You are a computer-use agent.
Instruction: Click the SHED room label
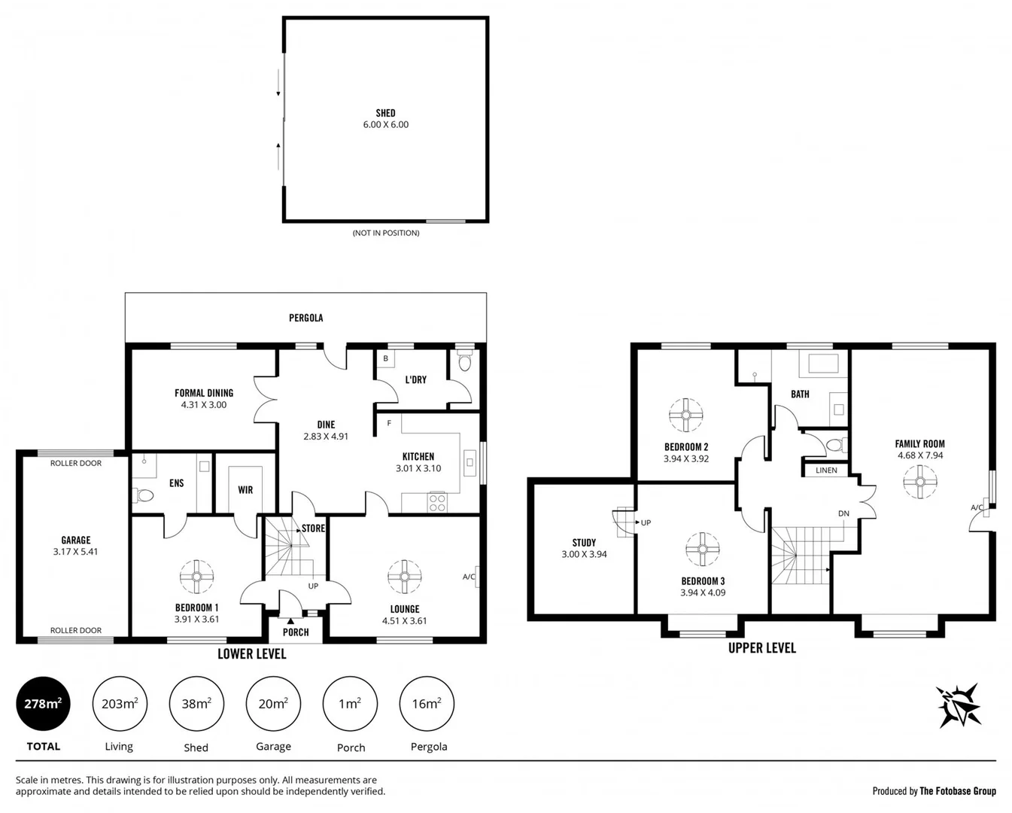(385, 114)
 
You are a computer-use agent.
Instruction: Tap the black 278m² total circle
(43, 705)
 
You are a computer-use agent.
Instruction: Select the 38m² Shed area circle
(196, 705)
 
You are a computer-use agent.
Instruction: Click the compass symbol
(959, 705)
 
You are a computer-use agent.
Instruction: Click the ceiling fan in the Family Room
(919, 483)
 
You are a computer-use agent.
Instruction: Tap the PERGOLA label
(305, 318)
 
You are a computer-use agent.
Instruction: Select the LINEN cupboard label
(826, 470)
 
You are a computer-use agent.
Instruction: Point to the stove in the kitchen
(437, 502)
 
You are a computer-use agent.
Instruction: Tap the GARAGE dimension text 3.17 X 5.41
(75, 552)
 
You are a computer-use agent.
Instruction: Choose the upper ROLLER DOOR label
(75, 464)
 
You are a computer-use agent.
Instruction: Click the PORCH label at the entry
(296, 632)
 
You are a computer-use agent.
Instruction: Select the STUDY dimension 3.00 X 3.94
(584, 554)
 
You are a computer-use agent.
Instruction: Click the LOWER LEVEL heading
(251, 654)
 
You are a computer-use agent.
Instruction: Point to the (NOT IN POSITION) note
(386, 233)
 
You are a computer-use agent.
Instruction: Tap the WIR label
(245, 490)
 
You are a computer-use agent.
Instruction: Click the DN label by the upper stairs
(843, 514)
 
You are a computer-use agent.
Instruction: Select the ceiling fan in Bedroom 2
(685, 415)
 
